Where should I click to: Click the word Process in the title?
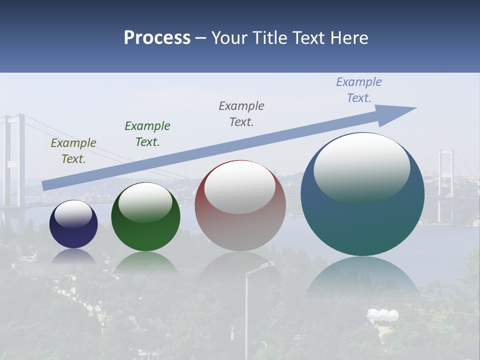click(x=157, y=38)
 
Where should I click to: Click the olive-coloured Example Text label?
click(x=73, y=151)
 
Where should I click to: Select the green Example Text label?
click(x=147, y=134)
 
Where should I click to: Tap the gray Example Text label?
click(x=241, y=114)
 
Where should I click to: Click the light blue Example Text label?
click(x=359, y=90)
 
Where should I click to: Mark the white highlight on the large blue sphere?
click(x=361, y=168)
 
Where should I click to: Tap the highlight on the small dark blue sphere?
click(x=73, y=214)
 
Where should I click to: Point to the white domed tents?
click(x=382, y=315)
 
